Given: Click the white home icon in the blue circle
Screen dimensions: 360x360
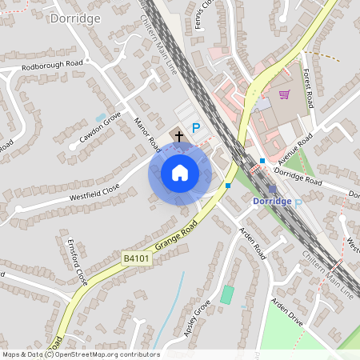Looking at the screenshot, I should pos(180,173).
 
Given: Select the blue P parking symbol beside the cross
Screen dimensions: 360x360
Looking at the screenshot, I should pos(195,128).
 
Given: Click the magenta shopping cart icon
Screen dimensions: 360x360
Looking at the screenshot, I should pos(284,94).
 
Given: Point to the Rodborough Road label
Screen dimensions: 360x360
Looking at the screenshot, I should pos(53,68).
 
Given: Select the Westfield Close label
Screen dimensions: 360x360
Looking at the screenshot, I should pos(94,190).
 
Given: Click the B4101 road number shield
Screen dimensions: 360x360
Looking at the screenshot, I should pos(137,258).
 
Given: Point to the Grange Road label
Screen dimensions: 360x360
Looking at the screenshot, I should pos(177,237).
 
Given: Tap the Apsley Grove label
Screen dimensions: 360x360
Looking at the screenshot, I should pos(198,318).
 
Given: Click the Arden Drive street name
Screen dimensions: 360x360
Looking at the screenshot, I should pos(288,313).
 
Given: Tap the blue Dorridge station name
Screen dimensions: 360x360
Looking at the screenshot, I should pos(271,202).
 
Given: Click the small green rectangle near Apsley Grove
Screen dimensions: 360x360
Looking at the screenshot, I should pos(227,294).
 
